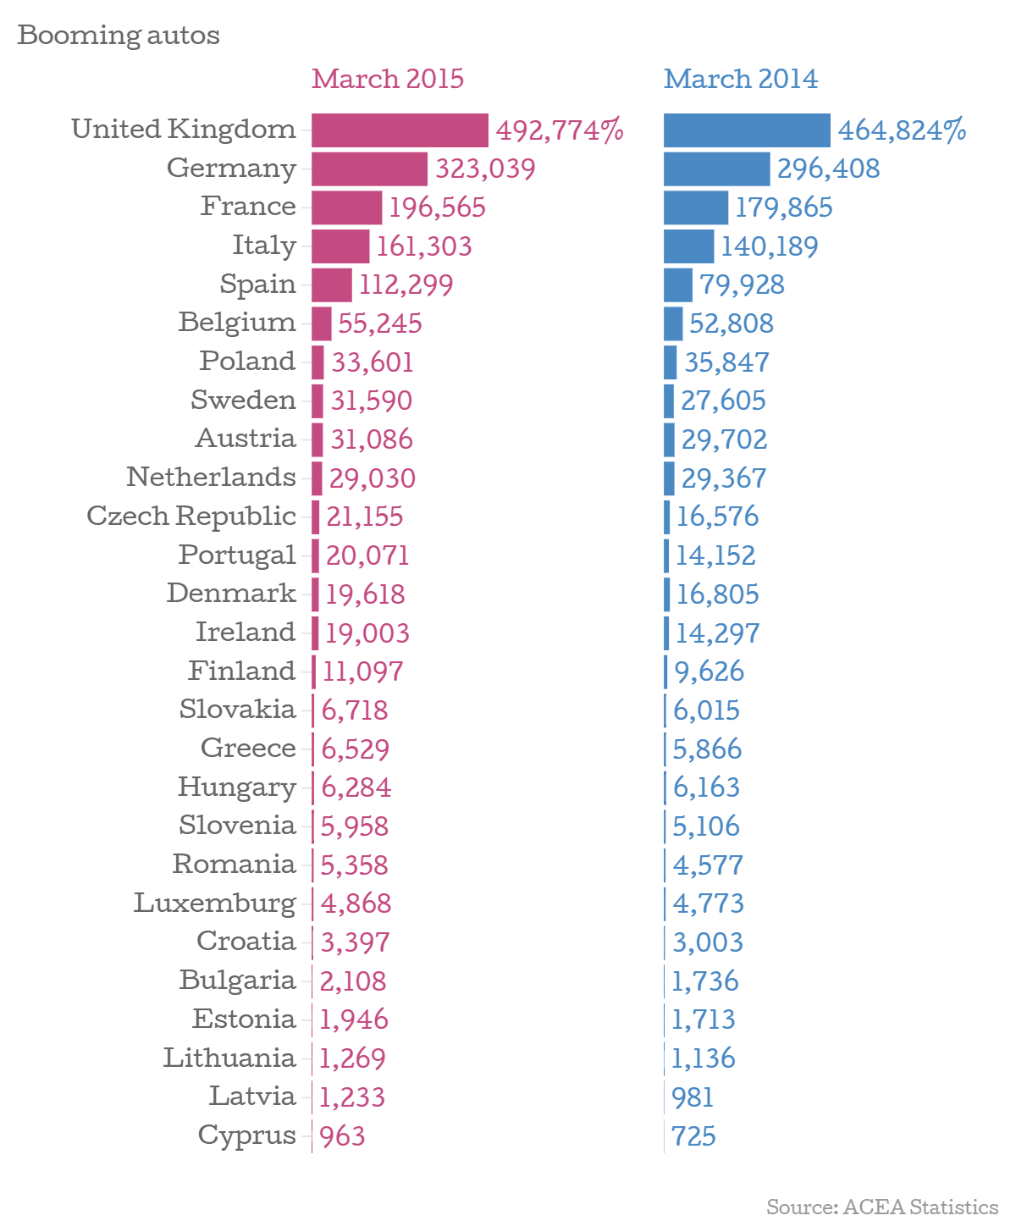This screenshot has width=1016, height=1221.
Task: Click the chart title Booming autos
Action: [x=119, y=36]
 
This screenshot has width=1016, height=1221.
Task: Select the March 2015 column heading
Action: [x=388, y=79]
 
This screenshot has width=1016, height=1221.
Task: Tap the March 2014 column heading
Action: [x=741, y=79]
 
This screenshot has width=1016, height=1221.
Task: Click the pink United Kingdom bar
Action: [x=400, y=130]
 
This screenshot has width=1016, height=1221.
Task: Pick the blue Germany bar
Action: [x=716, y=169]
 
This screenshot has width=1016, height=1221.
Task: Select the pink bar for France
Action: [x=346, y=207]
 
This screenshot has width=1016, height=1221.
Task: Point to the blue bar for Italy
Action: [x=688, y=246]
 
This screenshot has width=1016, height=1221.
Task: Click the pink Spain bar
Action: [x=331, y=285]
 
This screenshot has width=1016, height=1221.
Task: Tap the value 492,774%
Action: [x=560, y=130]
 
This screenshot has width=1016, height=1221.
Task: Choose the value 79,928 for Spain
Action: [x=742, y=285]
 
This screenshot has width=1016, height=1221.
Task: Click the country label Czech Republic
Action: [x=191, y=516]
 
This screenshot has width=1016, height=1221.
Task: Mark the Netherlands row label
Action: [x=211, y=478]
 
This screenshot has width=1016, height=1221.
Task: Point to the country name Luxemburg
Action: [x=215, y=903]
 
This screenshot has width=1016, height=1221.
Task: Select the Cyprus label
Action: [x=246, y=1135]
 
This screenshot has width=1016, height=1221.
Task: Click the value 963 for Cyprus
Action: [x=342, y=1135]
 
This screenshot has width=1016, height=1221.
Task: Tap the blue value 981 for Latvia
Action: [x=693, y=1097]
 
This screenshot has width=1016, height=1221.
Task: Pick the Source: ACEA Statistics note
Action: [x=882, y=1206]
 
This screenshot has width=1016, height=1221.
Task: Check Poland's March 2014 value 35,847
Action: [x=726, y=362]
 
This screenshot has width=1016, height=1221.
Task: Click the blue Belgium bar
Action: [x=673, y=323]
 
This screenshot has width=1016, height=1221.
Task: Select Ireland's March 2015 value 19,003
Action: [x=367, y=633]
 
